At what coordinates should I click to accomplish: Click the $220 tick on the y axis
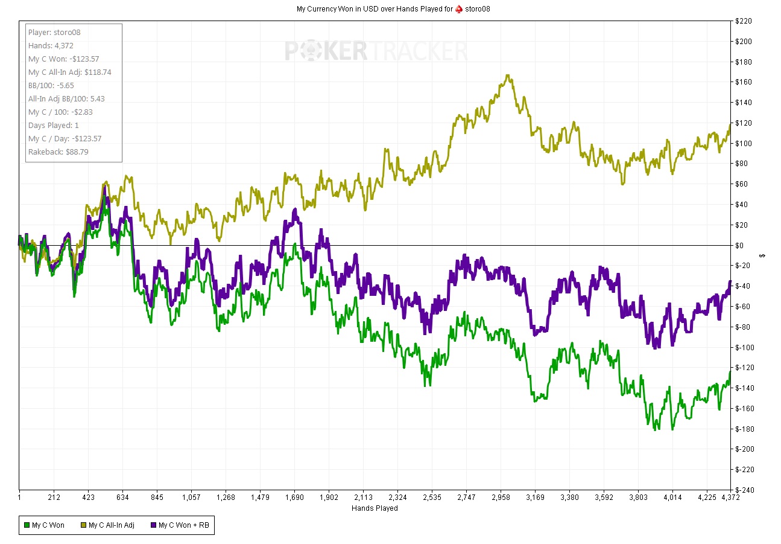click(744, 21)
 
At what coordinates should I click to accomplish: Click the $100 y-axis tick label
click(744, 144)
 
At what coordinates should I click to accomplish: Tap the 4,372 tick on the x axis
click(730, 498)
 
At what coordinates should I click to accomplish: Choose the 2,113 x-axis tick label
click(363, 498)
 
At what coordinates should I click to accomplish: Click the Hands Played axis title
click(375, 508)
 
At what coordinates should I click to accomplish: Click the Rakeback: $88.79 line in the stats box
click(58, 152)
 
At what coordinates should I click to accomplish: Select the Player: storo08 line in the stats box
click(54, 33)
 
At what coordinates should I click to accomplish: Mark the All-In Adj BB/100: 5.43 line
click(67, 99)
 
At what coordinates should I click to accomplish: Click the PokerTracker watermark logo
click(376, 51)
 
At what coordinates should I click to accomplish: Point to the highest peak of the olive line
click(508, 75)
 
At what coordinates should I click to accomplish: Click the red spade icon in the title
click(460, 8)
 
